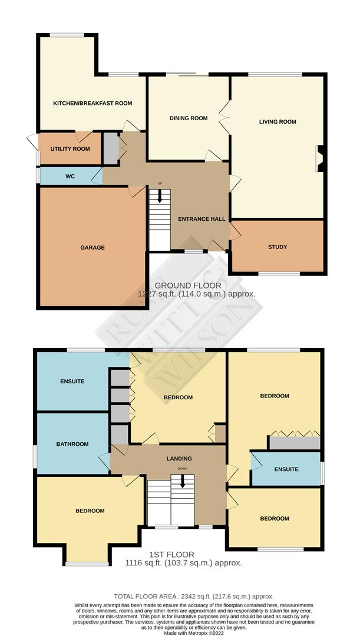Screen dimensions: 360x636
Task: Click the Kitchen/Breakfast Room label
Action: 93,104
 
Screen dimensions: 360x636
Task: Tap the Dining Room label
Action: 189,118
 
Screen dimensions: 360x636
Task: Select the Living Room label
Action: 278,122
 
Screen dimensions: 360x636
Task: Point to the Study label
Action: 278,247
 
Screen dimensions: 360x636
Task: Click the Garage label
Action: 92,247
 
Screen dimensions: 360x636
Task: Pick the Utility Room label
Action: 70,149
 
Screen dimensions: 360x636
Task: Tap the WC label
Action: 70,177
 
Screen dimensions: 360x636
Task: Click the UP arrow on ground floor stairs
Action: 160,196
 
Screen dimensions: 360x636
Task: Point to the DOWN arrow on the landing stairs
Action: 182,481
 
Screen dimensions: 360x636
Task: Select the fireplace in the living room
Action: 320,158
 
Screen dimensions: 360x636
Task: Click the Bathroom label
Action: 72,444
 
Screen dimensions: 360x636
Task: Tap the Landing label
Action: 179,459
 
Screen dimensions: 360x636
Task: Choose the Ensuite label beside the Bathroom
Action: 72,381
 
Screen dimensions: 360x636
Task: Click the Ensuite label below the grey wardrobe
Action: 286,469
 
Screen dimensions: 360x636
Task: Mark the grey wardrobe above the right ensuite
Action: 295,443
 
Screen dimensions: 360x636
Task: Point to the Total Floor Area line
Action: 194,596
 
